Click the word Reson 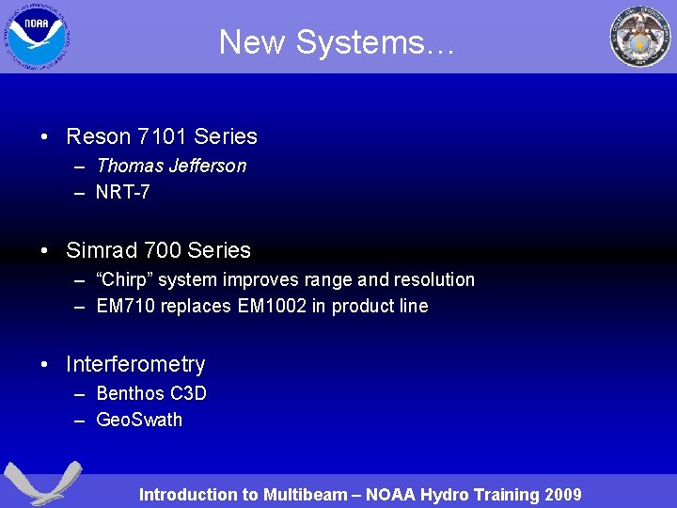(99, 136)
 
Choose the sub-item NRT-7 (123, 192)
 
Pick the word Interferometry (135, 364)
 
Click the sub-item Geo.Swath (139, 420)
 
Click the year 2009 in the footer (561, 495)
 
